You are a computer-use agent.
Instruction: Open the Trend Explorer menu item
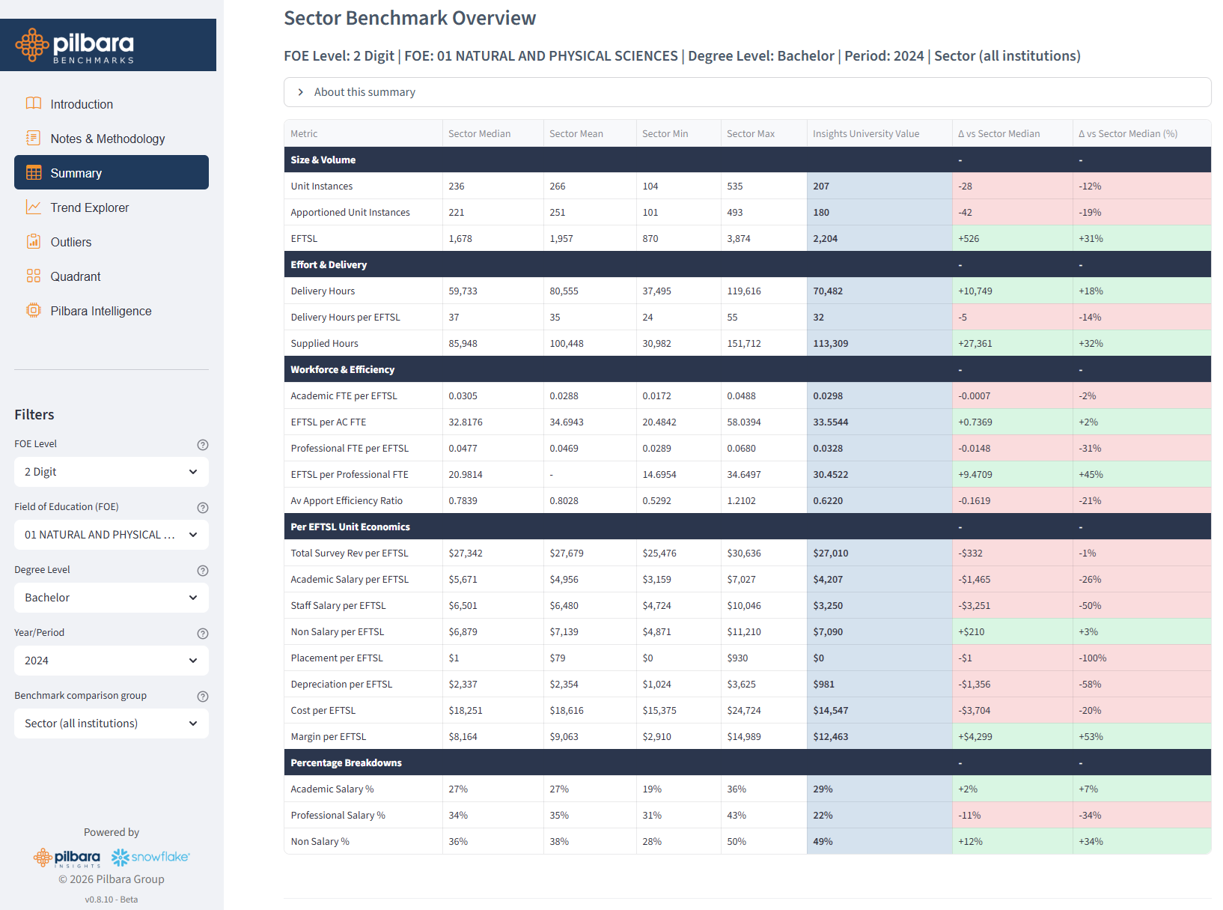(x=89, y=207)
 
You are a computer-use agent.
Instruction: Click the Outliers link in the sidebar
(x=70, y=242)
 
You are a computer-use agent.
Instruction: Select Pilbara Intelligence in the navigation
(x=100, y=311)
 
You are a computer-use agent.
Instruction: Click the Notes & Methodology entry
(x=107, y=139)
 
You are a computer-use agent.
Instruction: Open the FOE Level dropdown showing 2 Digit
(x=111, y=472)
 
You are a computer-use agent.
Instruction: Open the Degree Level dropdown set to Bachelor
(x=111, y=598)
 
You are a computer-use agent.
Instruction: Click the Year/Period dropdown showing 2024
(x=111, y=661)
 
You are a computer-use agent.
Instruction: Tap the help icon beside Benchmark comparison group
(x=202, y=697)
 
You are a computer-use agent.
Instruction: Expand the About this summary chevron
(x=301, y=92)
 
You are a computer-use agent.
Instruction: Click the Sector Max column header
(x=751, y=134)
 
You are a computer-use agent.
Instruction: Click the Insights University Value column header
(x=866, y=134)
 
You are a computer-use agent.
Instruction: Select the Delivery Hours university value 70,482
(x=828, y=291)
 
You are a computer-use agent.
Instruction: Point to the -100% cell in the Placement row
(x=1092, y=658)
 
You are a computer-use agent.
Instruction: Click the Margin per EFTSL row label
(x=329, y=737)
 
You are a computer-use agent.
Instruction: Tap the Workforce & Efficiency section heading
(x=342, y=370)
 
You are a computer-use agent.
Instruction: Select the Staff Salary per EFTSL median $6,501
(x=463, y=606)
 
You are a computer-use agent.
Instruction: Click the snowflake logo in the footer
(x=150, y=857)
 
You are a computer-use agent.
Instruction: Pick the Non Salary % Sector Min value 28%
(x=652, y=842)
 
